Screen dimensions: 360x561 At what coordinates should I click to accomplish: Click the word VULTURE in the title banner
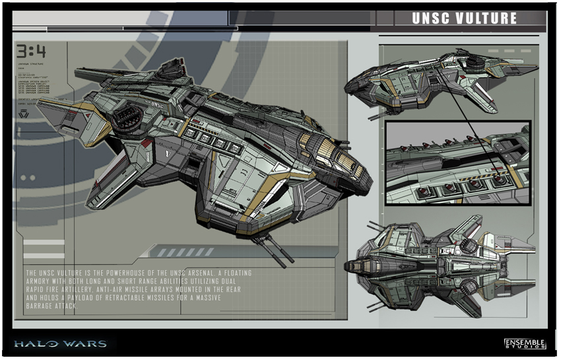[x=486, y=18]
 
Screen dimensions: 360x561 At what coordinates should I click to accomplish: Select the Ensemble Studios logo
[x=525, y=343]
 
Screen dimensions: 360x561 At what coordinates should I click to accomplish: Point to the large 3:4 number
[x=33, y=52]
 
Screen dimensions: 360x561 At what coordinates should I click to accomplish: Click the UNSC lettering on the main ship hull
[x=156, y=104]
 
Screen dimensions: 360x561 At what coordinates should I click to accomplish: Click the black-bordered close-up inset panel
[x=457, y=162]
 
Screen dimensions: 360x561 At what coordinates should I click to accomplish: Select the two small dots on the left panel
[x=27, y=178]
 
